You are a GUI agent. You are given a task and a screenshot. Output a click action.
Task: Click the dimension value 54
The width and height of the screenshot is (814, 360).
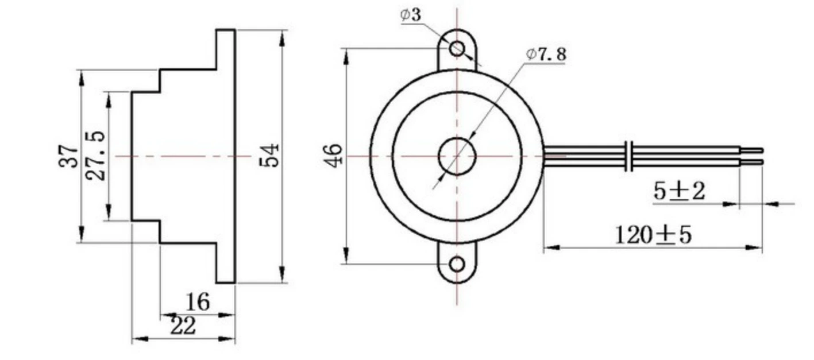[x=269, y=156]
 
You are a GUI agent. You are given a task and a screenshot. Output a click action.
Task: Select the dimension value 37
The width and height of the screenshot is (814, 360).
[x=68, y=156]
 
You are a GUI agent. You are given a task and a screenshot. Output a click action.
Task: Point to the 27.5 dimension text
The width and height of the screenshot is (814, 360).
[x=95, y=156]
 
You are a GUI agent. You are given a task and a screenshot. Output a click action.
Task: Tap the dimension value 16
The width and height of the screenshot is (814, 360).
[x=198, y=302]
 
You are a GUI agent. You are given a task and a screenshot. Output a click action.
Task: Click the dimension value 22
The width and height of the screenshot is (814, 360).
[x=183, y=326]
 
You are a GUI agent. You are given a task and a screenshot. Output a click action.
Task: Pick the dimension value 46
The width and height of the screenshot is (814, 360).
[x=333, y=156]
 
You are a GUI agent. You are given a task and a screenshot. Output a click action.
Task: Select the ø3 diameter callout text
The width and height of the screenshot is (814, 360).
[x=411, y=14]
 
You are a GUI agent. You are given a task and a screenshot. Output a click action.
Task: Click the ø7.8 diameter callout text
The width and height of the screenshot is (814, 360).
[x=546, y=55]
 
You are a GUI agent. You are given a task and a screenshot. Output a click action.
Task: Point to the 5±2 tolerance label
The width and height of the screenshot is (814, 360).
[x=679, y=191]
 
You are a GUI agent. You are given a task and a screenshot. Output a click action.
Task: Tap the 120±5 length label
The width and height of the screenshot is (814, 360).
[x=653, y=235]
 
